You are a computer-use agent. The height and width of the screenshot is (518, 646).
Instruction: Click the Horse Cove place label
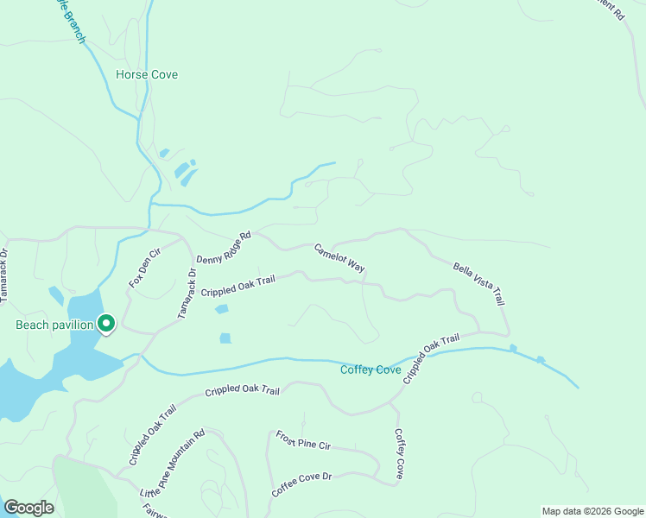pos(147,75)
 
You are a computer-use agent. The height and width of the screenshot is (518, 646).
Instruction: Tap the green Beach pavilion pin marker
pos(106,324)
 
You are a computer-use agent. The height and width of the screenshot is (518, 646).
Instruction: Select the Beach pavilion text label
pos(54,325)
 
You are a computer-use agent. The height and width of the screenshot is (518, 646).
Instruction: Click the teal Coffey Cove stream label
pos(370,370)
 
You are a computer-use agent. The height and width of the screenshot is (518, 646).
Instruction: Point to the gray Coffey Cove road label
pos(399,454)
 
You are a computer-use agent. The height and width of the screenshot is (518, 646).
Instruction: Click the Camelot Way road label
pos(339,259)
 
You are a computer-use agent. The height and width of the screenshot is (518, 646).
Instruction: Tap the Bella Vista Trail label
pos(478,285)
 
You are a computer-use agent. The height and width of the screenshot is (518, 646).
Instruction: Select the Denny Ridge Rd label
pos(223,248)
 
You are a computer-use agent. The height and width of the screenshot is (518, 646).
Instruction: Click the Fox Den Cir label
pos(145,268)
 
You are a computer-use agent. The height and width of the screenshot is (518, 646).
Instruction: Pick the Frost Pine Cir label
pos(303,440)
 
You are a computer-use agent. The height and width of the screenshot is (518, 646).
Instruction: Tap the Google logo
pos(28,508)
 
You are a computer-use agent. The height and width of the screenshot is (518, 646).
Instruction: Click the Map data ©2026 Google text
pos(592,511)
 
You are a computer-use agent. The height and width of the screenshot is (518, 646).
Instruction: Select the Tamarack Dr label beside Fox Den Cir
pos(187,293)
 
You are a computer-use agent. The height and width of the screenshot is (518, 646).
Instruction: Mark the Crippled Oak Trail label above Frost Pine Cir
pos(243,391)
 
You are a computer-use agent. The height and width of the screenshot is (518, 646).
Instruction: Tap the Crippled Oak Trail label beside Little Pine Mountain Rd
pos(153,435)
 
